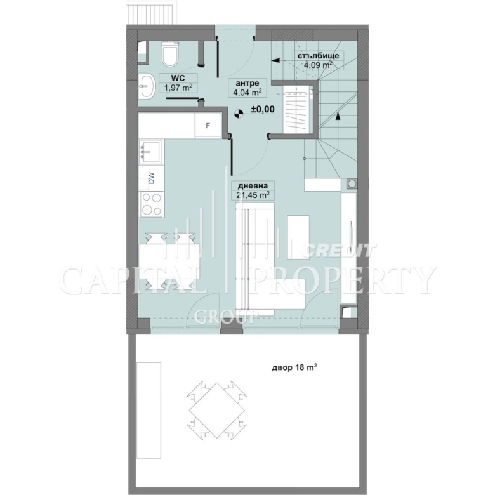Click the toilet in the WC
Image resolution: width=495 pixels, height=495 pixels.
(171, 54)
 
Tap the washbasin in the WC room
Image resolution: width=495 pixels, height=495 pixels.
(147, 85)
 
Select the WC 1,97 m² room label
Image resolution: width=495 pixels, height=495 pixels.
(178, 82)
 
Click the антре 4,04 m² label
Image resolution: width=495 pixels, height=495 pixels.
(247, 88)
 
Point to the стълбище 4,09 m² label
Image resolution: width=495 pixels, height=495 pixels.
(318, 60)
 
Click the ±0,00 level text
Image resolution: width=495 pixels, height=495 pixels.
(263, 110)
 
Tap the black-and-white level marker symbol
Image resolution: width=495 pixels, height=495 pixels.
(239, 113)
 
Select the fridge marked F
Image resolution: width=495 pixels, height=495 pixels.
(208, 125)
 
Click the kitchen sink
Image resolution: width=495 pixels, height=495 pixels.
(150, 152)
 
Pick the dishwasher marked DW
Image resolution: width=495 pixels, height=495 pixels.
(151, 178)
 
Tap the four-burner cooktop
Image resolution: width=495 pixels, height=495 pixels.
(152, 204)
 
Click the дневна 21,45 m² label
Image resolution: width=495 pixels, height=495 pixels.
(253, 190)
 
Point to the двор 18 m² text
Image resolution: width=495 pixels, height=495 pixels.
(294, 367)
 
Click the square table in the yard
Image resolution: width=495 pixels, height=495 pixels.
(217, 410)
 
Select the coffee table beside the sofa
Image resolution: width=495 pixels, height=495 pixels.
(298, 237)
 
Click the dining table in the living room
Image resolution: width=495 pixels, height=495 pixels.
(169, 261)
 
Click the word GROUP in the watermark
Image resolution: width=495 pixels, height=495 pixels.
(226, 317)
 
